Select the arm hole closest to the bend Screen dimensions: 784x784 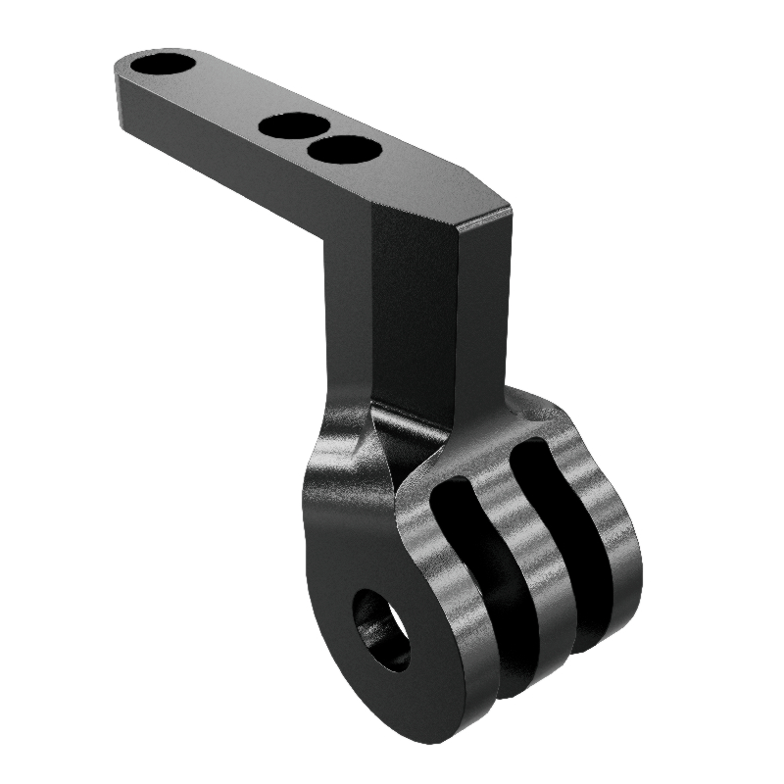click(x=344, y=150)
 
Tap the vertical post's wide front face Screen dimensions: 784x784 click(x=412, y=314)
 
